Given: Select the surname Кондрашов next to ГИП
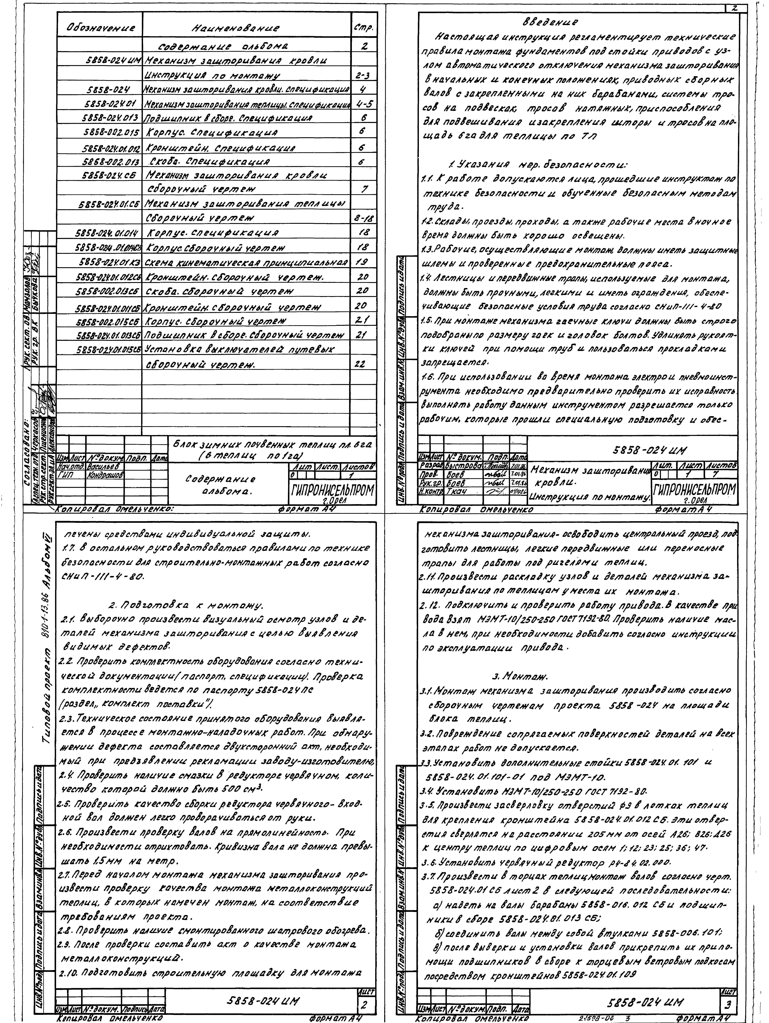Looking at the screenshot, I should (105, 475).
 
